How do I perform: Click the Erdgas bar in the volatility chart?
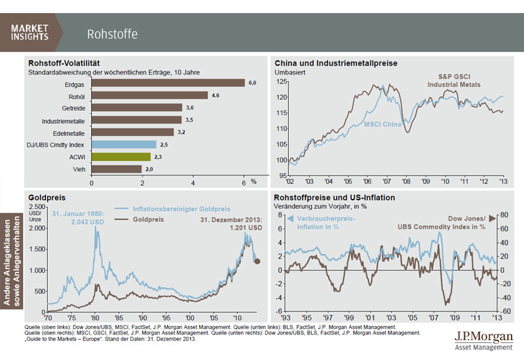168,82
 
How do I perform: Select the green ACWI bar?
122,156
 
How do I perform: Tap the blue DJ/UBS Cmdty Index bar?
124,144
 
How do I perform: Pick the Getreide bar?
137,107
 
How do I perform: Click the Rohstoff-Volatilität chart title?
62,63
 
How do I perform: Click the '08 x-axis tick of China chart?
406,181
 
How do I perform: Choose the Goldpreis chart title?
46,197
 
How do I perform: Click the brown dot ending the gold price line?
258,261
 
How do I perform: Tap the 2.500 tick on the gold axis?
35,207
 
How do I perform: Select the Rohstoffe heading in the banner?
112,33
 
